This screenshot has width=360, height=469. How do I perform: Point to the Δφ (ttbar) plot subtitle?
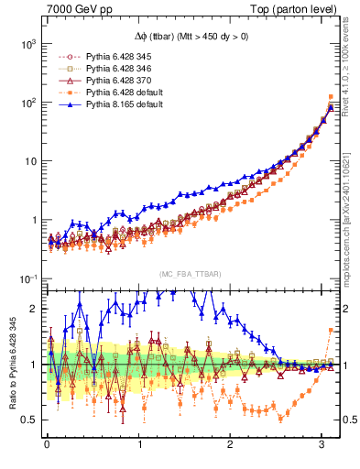[x=190, y=38]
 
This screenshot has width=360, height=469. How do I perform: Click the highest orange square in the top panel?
[x=330, y=96]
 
